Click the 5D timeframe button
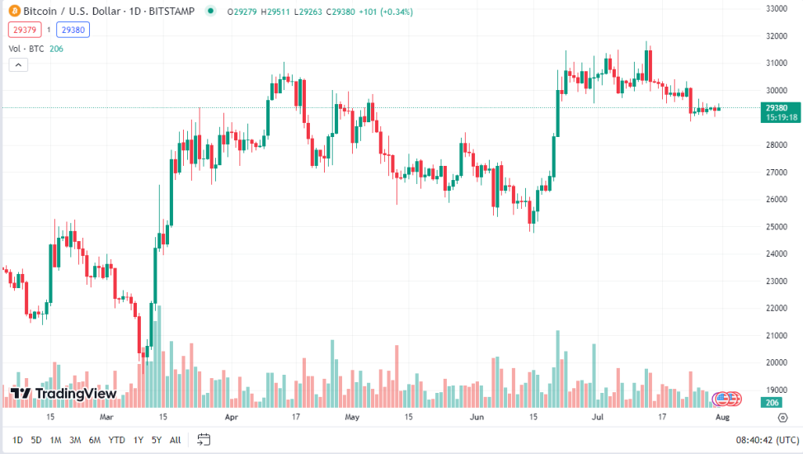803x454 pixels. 36,440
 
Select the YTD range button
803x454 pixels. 116,440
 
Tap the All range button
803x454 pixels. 175,440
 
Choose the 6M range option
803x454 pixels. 95,440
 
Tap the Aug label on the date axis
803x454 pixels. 722,418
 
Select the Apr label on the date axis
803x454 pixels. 232,418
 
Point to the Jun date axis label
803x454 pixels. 477,418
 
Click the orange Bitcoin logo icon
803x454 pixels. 14,12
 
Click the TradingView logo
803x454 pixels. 64,394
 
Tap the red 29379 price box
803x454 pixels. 23,30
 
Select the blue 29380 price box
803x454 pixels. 73,30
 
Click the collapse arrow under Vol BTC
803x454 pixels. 17,65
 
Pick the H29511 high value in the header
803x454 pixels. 271,12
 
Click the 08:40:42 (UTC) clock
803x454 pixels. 767,440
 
